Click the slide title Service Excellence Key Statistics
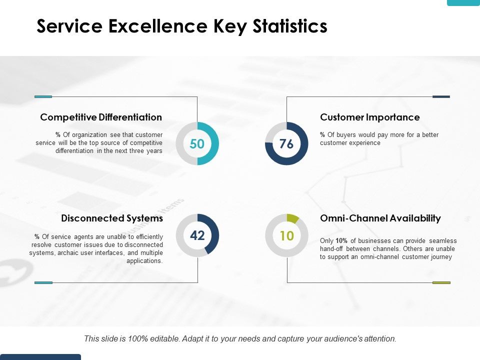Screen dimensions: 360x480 click(x=182, y=26)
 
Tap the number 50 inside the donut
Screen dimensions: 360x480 click(x=197, y=144)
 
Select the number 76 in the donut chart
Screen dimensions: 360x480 click(x=286, y=144)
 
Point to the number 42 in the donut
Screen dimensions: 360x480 click(x=197, y=235)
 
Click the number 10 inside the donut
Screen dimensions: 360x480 click(x=286, y=235)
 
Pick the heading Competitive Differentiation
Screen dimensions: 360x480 click(x=101, y=117)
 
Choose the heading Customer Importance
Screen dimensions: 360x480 click(x=369, y=117)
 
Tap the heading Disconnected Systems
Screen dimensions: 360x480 click(x=112, y=218)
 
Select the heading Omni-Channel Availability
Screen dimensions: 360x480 click(x=380, y=218)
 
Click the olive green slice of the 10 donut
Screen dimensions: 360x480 click(x=292, y=218)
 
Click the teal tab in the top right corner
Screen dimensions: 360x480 click(x=463, y=2)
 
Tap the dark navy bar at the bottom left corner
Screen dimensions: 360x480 click(x=40, y=357)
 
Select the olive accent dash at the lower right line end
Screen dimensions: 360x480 click(x=441, y=282)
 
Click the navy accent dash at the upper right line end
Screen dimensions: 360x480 click(x=441, y=96)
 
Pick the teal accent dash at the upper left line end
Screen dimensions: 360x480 click(x=43, y=96)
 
